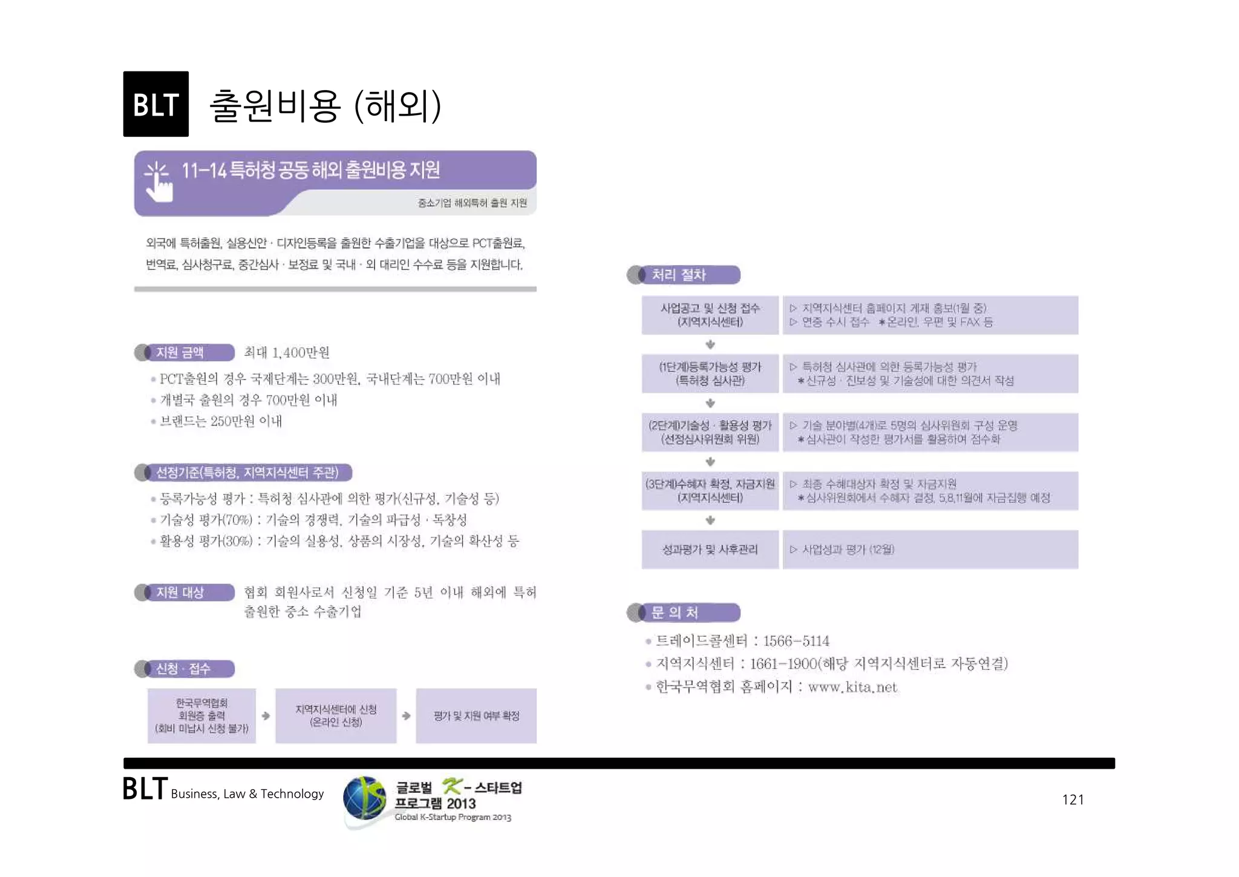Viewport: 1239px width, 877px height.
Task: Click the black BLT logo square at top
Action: point(155,104)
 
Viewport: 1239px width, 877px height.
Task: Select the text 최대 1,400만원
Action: point(287,353)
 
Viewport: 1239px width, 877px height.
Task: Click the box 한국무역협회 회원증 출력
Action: point(201,715)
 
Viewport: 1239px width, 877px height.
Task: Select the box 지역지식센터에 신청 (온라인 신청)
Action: point(336,715)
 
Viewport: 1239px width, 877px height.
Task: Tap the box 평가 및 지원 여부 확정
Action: point(476,715)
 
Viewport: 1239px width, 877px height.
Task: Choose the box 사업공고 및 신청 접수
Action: point(710,315)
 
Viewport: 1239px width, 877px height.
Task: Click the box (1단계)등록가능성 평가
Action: point(710,373)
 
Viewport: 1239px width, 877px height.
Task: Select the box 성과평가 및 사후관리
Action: point(710,550)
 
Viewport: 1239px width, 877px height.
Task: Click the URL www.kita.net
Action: point(852,687)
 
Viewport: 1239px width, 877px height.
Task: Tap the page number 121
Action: point(1073,800)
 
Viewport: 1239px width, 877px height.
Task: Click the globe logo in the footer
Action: point(364,799)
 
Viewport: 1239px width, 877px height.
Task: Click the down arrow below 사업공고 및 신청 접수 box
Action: point(710,344)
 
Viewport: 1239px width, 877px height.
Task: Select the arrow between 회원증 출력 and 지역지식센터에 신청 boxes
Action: point(266,716)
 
